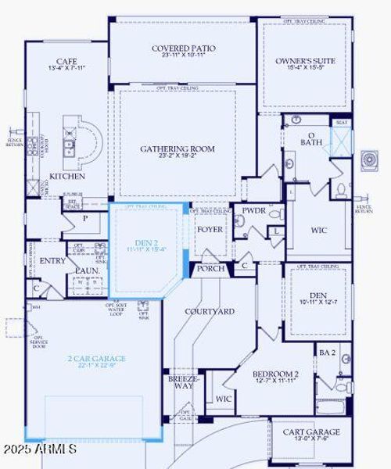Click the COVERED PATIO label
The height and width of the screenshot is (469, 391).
[x=184, y=48]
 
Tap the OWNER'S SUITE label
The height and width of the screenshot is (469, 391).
[x=304, y=60]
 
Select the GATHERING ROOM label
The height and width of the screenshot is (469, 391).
[x=178, y=149]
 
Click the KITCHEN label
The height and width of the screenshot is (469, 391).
[x=68, y=177]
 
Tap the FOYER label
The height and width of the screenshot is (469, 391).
[x=210, y=230]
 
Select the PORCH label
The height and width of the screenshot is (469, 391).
[x=210, y=268]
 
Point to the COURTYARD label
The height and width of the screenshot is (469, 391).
[x=210, y=311]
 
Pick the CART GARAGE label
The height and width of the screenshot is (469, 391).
[x=310, y=431]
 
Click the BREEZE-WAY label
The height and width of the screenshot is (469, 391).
[x=183, y=383]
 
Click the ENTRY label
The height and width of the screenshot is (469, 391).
[x=53, y=261]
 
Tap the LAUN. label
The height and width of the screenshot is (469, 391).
[x=86, y=270]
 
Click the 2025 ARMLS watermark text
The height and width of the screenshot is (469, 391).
[x=39, y=450]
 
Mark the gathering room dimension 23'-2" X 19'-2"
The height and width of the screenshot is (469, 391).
[x=178, y=156]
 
